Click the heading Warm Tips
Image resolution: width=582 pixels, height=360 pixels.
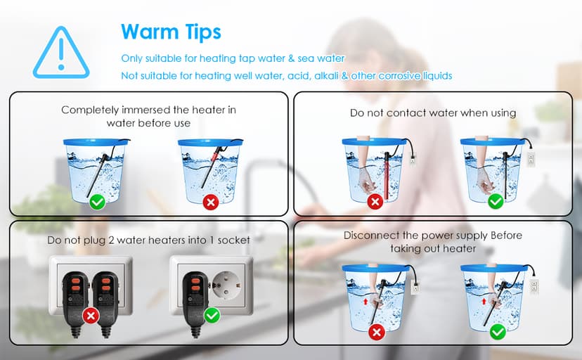[171, 32]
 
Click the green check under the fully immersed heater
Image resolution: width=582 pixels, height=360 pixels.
[97, 202]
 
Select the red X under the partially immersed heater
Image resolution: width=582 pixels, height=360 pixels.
[209, 202]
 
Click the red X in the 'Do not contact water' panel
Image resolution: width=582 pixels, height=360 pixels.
[375, 202]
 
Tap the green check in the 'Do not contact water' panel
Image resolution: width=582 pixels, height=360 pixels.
[495, 202]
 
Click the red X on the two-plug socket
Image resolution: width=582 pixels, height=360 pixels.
[90, 315]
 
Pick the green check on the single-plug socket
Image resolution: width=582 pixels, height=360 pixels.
[211, 315]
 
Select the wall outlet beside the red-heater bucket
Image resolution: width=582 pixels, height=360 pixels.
[413, 158]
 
